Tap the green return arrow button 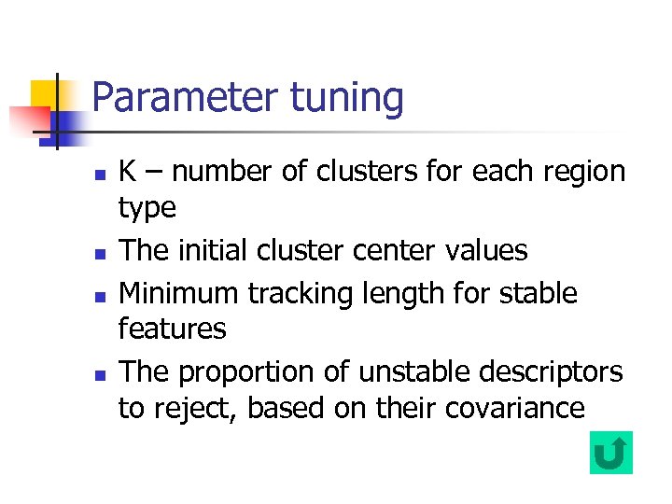click(x=611, y=453)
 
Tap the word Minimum click(x=179, y=293)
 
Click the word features click(x=172, y=329)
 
